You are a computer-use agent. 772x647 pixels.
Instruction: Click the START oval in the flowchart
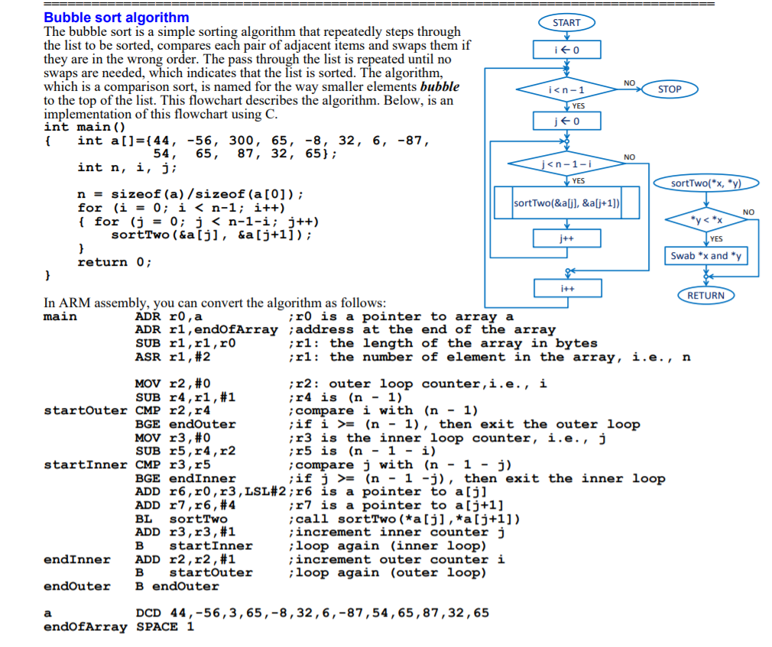(x=566, y=23)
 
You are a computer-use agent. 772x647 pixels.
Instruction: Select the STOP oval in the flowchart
(x=669, y=89)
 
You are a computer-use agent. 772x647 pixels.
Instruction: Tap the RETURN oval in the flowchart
(x=706, y=296)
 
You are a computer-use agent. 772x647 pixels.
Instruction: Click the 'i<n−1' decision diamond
(x=566, y=90)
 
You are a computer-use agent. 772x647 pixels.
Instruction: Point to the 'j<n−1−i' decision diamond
(x=566, y=163)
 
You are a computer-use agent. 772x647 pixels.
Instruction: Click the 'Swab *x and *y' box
(x=706, y=256)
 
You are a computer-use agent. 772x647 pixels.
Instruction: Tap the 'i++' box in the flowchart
(x=566, y=289)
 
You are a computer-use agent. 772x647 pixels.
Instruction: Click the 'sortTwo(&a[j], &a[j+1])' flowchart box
(x=566, y=203)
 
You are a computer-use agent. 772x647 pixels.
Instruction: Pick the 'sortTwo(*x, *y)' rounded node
(x=706, y=183)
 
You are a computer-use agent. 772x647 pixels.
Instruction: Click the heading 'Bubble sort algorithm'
(x=116, y=17)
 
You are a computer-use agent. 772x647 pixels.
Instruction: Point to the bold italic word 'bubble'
(x=440, y=87)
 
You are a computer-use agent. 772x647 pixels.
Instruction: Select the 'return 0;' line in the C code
(x=114, y=262)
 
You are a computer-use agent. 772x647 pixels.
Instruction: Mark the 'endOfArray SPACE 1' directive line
(x=118, y=627)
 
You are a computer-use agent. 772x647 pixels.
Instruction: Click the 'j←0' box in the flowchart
(x=566, y=121)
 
